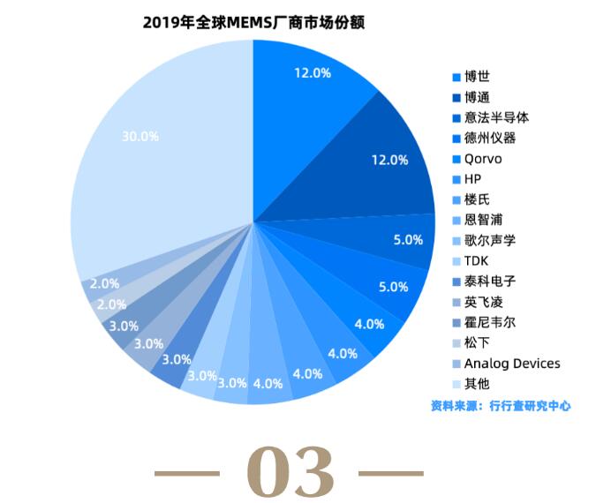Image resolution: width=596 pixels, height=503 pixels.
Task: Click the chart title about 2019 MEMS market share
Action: point(254,22)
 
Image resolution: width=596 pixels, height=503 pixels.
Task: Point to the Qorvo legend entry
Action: point(482,159)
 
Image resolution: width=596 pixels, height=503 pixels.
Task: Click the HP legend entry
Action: point(472,179)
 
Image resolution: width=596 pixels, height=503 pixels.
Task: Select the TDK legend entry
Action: point(476,261)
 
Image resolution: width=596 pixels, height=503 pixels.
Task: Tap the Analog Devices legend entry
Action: point(511,363)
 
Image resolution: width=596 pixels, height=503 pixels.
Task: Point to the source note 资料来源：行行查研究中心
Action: point(501,406)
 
